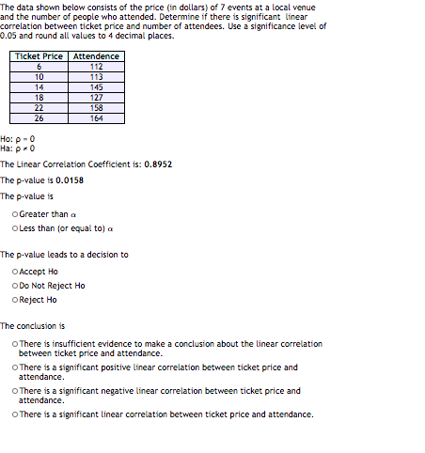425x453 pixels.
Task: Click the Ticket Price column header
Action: click(x=39, y=56)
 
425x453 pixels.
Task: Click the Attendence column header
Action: click(x=96, y=56)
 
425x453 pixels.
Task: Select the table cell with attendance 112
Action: click(x=96, y=67)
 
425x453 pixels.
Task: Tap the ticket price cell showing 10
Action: click(x=39, y=77)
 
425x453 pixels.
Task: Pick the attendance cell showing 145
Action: click(x=96, y=87)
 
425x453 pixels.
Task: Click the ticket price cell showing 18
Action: click(x=39, y=97)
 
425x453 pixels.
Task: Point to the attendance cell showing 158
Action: click(x=96, y=107)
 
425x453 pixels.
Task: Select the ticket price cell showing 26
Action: click(x=39, y=117)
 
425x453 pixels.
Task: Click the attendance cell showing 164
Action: click(x=96, y=117)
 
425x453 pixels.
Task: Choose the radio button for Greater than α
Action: click(x=16, y=214)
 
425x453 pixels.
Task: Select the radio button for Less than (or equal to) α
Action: click(x=16, y=228)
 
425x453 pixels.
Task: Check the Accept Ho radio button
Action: click(x=16, y=272)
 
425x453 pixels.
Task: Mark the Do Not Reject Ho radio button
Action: click(x=16, y=286)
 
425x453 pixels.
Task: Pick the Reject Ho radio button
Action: click(x=16, y=300)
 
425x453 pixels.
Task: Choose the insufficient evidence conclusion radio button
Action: click(x=16, y=344)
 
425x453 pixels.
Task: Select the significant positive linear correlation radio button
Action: click(x=16, y=367)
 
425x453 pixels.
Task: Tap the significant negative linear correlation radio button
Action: click(x=16, y=391)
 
